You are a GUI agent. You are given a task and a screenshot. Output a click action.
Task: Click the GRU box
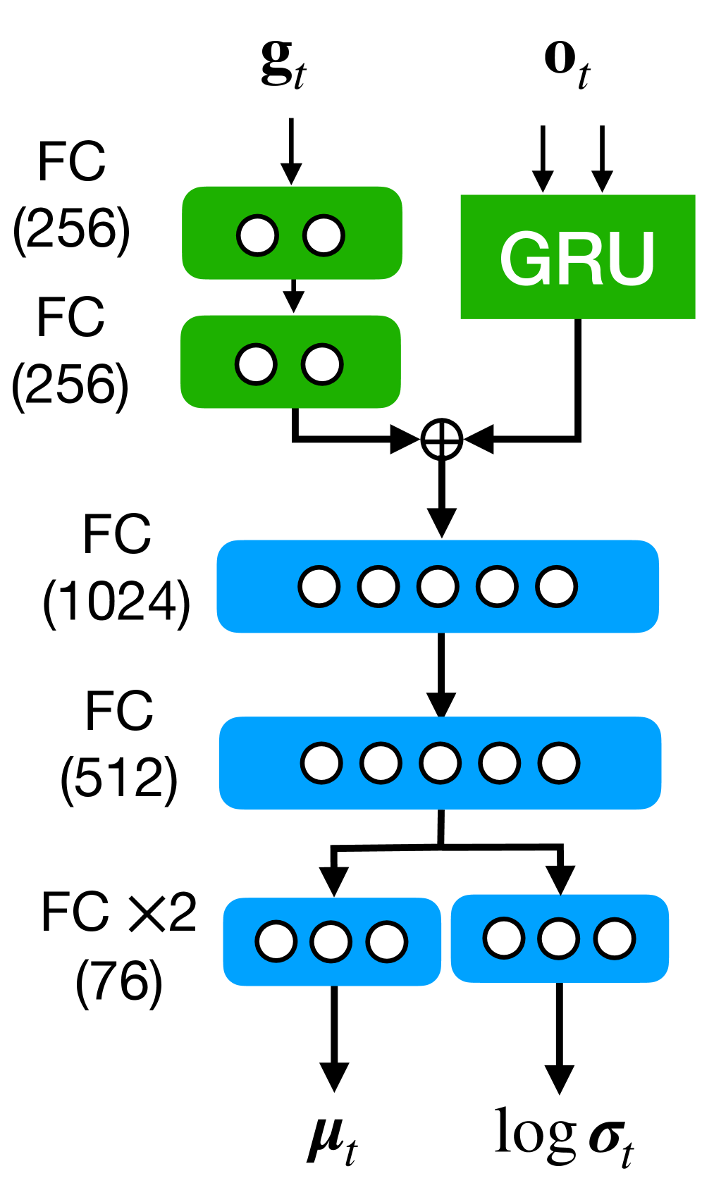click(x=577, y=256)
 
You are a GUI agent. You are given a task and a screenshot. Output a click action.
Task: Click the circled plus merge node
click(x=442, y=440)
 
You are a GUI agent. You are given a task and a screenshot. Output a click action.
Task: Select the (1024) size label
click(x=117, y=602)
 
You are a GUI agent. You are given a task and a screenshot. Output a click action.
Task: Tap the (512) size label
click(x=119, y=779)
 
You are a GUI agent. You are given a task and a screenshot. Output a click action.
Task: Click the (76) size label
click(x=119, y=981)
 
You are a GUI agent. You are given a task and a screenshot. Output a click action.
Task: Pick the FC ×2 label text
click(x=118, y=913)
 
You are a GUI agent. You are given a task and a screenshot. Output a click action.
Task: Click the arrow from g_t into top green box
click(x=291, y=151)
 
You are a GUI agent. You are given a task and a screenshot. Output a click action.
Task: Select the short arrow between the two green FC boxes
click(x=293, y=296)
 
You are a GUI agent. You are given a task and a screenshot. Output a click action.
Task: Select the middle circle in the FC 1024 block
click(x=438, y=586)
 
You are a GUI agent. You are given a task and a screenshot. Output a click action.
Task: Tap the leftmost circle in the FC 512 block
click(x=321, y=763)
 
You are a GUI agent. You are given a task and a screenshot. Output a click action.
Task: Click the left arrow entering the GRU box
click(x=542, y=159)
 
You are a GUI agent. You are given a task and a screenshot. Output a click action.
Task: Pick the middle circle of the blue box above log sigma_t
click(x=559, y=938)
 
